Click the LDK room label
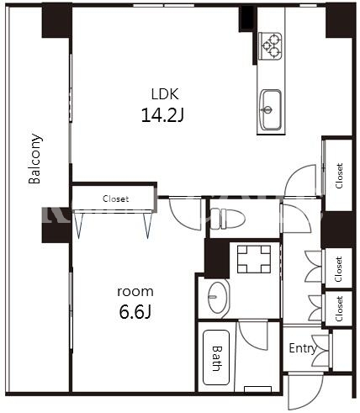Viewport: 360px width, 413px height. [x=165, y=94]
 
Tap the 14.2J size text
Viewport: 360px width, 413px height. [x=162, y=115]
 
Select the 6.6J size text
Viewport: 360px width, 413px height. [x=135, y=312]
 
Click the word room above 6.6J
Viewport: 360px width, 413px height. [x=135, y=292]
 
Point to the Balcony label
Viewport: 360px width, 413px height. [x=35, y=159]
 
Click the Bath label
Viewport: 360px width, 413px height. [x=217, y=358]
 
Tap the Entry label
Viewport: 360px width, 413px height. [x=303, y=348]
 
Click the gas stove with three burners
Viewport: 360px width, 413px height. [x=270, y=45]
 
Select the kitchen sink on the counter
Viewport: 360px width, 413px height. [x=270, y=110]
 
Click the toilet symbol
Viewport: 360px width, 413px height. [x=227, y=219]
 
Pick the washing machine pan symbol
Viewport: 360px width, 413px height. [x=254, y=259]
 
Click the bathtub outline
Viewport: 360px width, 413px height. [x=216, y=357]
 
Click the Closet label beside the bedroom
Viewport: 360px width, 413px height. [x=115, y=199]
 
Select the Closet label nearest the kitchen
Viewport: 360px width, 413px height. [x=339, y=176]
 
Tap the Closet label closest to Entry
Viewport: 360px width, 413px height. [x=339, y=309]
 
